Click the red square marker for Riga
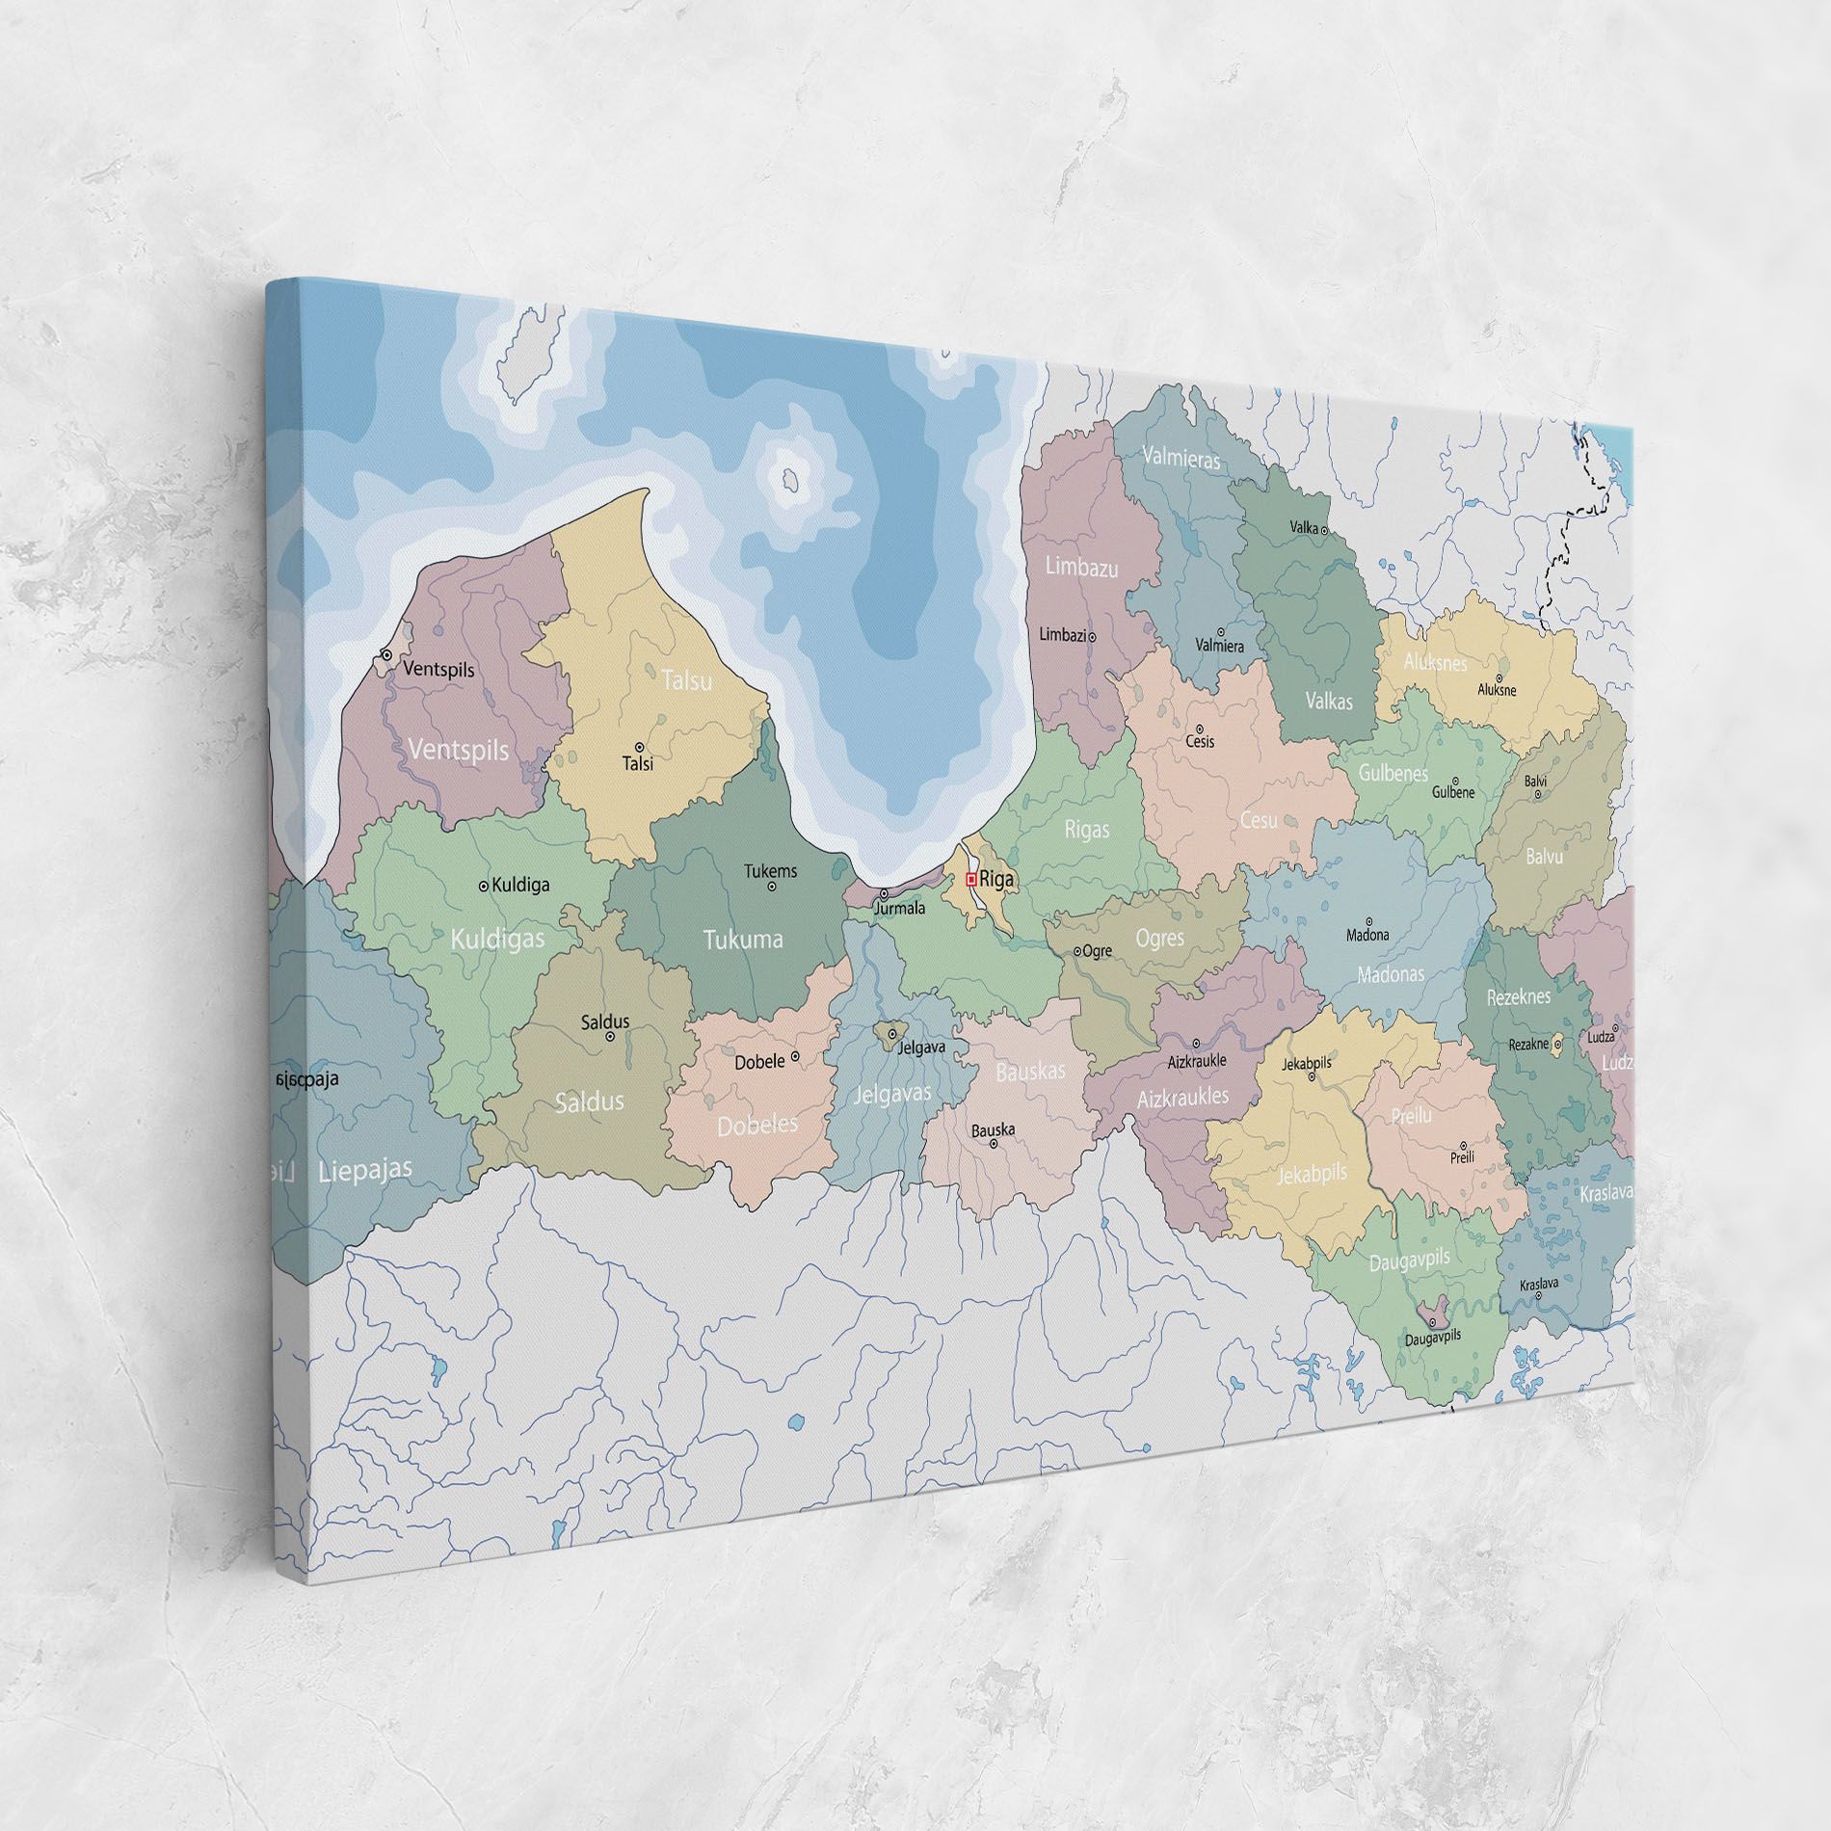[x=971, y=879]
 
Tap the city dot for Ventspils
[x=386, y=654]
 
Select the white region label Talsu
[x=687, y=680]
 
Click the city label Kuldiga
[x=520, y=885]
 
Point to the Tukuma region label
[x=742, y=940]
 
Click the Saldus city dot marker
[x=610, y=1037]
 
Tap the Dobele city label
[x=759, y=1063]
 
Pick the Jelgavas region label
[x=892, y=1095]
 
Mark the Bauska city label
[x=992, y=1129]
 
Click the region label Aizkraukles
[x=1182, y=1097]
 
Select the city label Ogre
[x=1098, y=951]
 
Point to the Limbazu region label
[x=1082, y=568]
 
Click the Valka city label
[x=1304, y=528]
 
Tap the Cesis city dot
[x=1200, y=729]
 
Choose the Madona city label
[x=1367, y=935]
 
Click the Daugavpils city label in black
[x=1433, y=1337]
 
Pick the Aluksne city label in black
[x=1497, y=690]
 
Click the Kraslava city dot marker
[x=1539, y=1296]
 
